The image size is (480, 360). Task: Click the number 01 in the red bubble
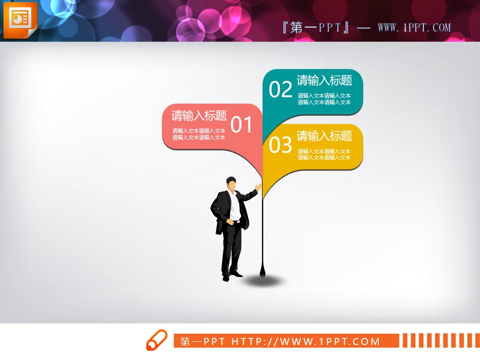pos(242,125)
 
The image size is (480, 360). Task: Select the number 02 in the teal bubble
pos(281,90)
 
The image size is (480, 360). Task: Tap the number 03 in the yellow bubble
pos(281,145)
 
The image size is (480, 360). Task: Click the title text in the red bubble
pos(199,115)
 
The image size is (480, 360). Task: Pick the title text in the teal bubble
pos(324,81)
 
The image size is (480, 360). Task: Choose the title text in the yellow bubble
pos(324,136)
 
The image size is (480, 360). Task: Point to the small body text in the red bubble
pos(199,134)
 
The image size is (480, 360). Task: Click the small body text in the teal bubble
pos(324,99)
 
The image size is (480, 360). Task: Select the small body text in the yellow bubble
pos(324,155)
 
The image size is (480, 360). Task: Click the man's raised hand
pos(258,187)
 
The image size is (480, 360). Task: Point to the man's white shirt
pos(234,206)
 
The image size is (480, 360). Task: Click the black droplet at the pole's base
pos(262,271)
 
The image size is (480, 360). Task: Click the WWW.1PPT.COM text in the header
pos(414,28)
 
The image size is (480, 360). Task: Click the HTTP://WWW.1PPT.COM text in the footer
pos(306,341)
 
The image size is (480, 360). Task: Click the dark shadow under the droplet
pos(265,281)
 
